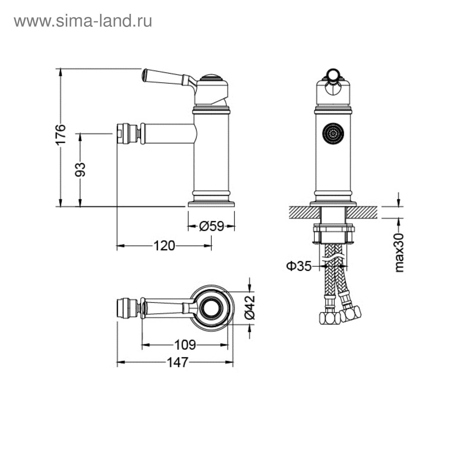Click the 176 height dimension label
(60, 135)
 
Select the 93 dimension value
(80, 170)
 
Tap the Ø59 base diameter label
(212, 226)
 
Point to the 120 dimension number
(164, 245)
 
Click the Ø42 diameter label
(250, 307)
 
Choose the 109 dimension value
(185, 345)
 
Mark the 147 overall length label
(177, 362)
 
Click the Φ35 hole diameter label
(299, 266)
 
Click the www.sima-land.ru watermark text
(83, 21)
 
